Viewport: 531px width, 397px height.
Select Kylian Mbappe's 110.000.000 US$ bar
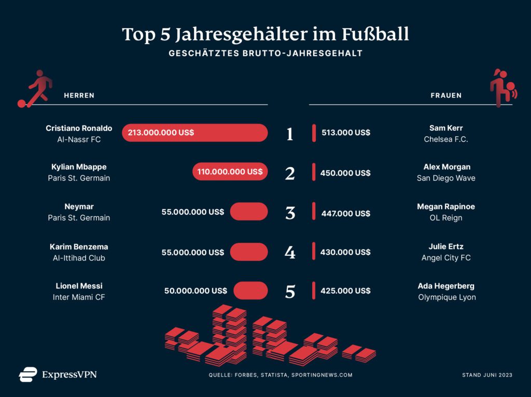click(x=230, y=172)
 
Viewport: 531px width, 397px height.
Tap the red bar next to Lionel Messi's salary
click(x=250, y=291)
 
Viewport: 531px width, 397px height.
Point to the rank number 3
click(x=290, y=213)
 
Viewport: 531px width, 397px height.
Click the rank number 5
click(x=290, y=292)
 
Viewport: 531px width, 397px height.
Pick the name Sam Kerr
click(x=446, y=128)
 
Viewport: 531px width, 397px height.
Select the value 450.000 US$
click(x=345, y=173)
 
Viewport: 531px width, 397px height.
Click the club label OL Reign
click(x=446, y=218)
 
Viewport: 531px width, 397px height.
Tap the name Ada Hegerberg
click(x=446, y=286)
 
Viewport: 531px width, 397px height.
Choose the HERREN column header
click(x=79, y=95)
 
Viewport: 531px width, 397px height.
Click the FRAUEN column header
click(x=446, y=95)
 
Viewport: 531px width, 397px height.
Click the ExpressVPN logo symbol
click(x=28, y=374)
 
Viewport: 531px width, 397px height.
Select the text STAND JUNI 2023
click(x=487, y=375)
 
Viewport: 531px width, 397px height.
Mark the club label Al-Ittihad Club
click(x=79, y=258)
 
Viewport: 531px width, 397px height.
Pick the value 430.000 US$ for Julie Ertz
click(x=345, y=252)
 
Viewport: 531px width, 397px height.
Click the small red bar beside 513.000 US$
click(x=314, y=133)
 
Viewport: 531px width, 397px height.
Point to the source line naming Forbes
click(x=281, y=375)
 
